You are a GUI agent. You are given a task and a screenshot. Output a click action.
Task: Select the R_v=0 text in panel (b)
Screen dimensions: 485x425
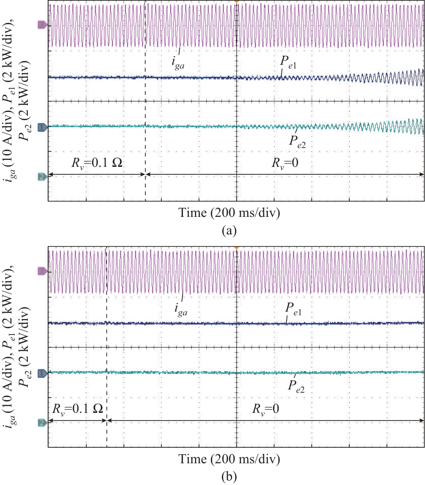click(x=266, y=408)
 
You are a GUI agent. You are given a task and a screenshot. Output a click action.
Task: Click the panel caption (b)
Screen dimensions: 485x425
click(x=228, y=477)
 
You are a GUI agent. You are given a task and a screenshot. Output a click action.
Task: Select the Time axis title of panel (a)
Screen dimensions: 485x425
click(x=229, y=213)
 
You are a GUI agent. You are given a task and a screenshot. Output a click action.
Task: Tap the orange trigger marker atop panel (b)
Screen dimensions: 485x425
click(x=236, y=248)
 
